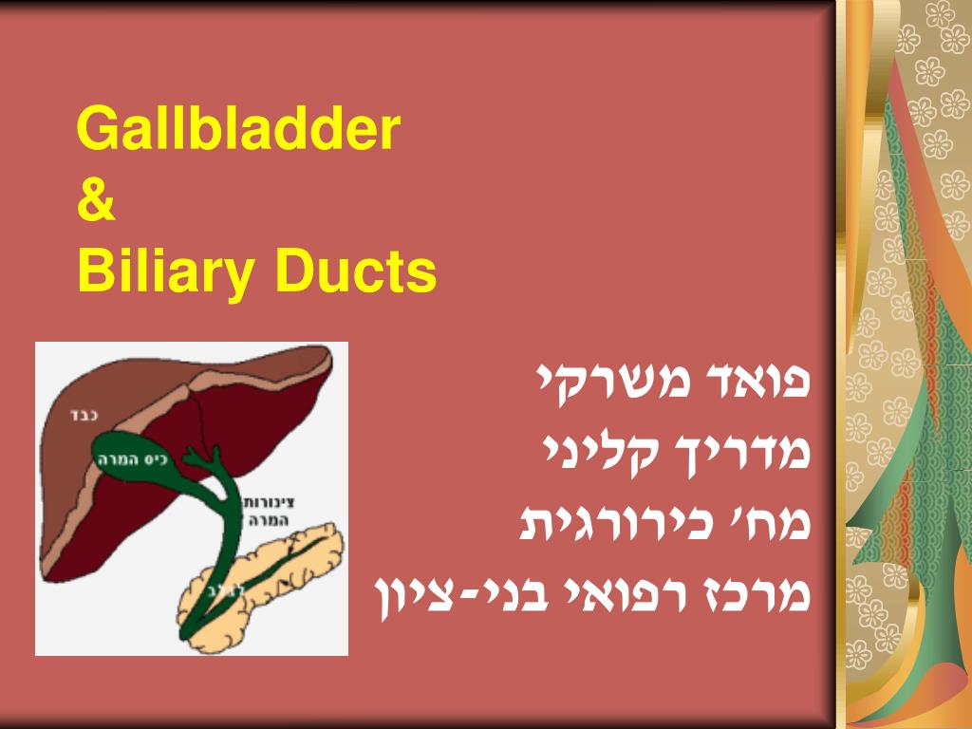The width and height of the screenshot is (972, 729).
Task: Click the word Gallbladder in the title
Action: (x=239, y=130)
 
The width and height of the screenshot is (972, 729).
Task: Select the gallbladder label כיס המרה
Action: (x=131, y=458)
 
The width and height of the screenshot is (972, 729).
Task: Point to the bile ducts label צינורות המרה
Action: (x=259, y=510)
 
